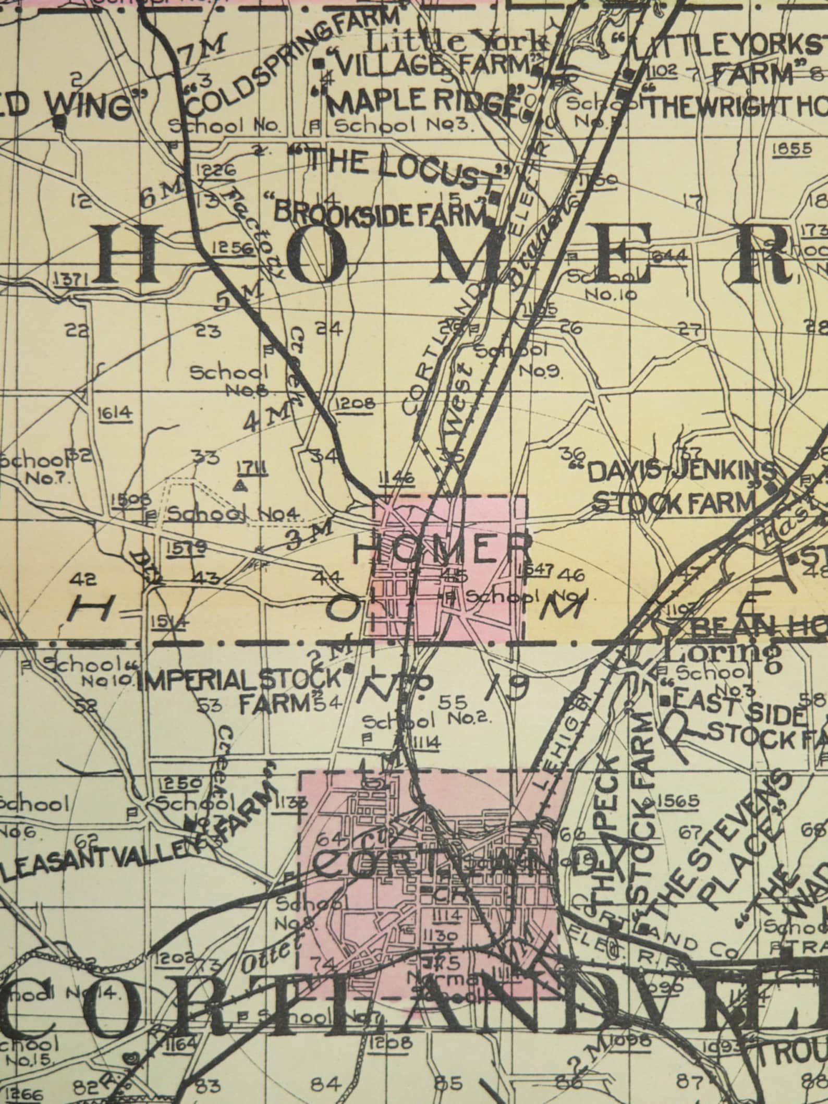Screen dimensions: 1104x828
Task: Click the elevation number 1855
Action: tap(792, 149)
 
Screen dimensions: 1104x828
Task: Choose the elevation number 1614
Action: tap(115, 414)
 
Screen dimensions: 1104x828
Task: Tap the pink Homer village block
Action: tap(448, 568)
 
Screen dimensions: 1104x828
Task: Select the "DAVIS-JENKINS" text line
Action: tap(680, 472)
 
